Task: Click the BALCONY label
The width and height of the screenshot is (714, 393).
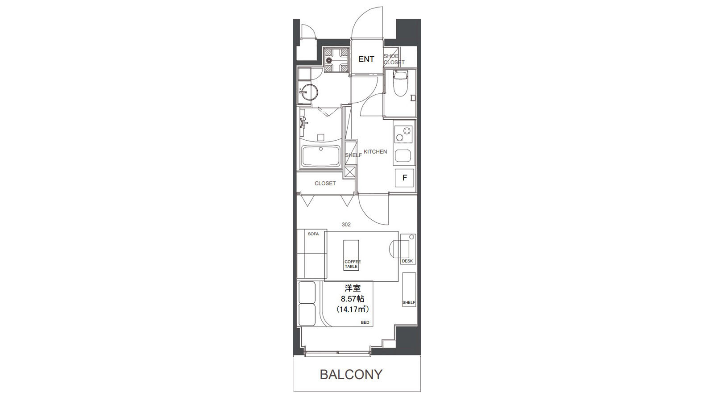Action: pyautogui.click(x=351, y=375)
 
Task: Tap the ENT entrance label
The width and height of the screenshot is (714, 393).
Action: pyautogui.click(x=366, y=59)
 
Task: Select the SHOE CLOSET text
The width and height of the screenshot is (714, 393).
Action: pyautogui.click(x=394, y=59)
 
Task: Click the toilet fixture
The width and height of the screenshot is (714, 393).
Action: pyautogui.click(x=400, y=83)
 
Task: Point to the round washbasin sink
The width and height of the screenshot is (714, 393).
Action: pyautogui.click(x=85, y=92)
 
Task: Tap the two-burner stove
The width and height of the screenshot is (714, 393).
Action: pyautogui.click(x=403, y=134)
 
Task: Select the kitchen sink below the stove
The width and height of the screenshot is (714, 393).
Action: pyautogui.click(x=403, y=156)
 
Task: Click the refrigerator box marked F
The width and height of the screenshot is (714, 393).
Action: pyautogui.click(x=404, y=178)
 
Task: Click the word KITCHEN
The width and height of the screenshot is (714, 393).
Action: pyautogui.click(x=375, y=152)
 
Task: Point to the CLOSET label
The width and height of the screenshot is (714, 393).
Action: pyautogui.click(x=325, y=184)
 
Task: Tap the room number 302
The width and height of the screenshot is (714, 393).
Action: pyautogui.click(x=346, y=225)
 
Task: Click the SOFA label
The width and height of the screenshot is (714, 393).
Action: pyautogui.click(x=313, y=234)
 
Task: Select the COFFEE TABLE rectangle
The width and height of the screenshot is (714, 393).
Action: pyautogui.click(x=351, y=255)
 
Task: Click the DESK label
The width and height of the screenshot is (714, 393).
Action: pyautogui.click(x=407, y=261)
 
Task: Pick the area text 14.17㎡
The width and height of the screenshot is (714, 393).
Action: pyautogui.click(x=353, y=309)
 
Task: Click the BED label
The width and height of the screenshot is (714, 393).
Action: pyautogui.click(x=365, y=322)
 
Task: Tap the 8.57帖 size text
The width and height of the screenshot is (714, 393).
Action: pyautogui.click(x=353, y=299)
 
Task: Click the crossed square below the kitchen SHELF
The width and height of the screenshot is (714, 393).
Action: pyautogui.click(x=350, y=171)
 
